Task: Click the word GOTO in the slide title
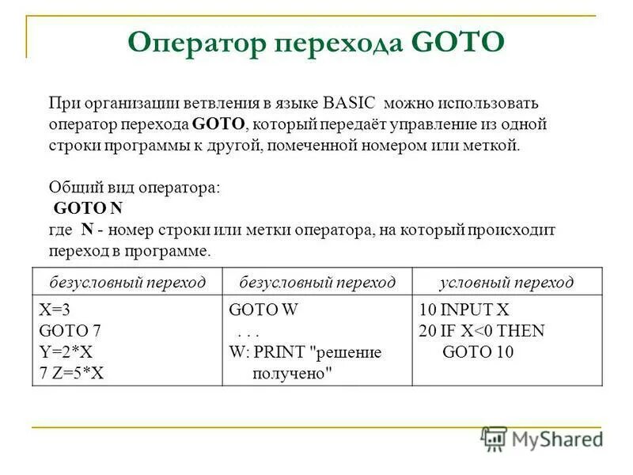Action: click(458, 43)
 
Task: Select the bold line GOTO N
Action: click(88, 208)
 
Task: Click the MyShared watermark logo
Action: click(542, 439)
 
